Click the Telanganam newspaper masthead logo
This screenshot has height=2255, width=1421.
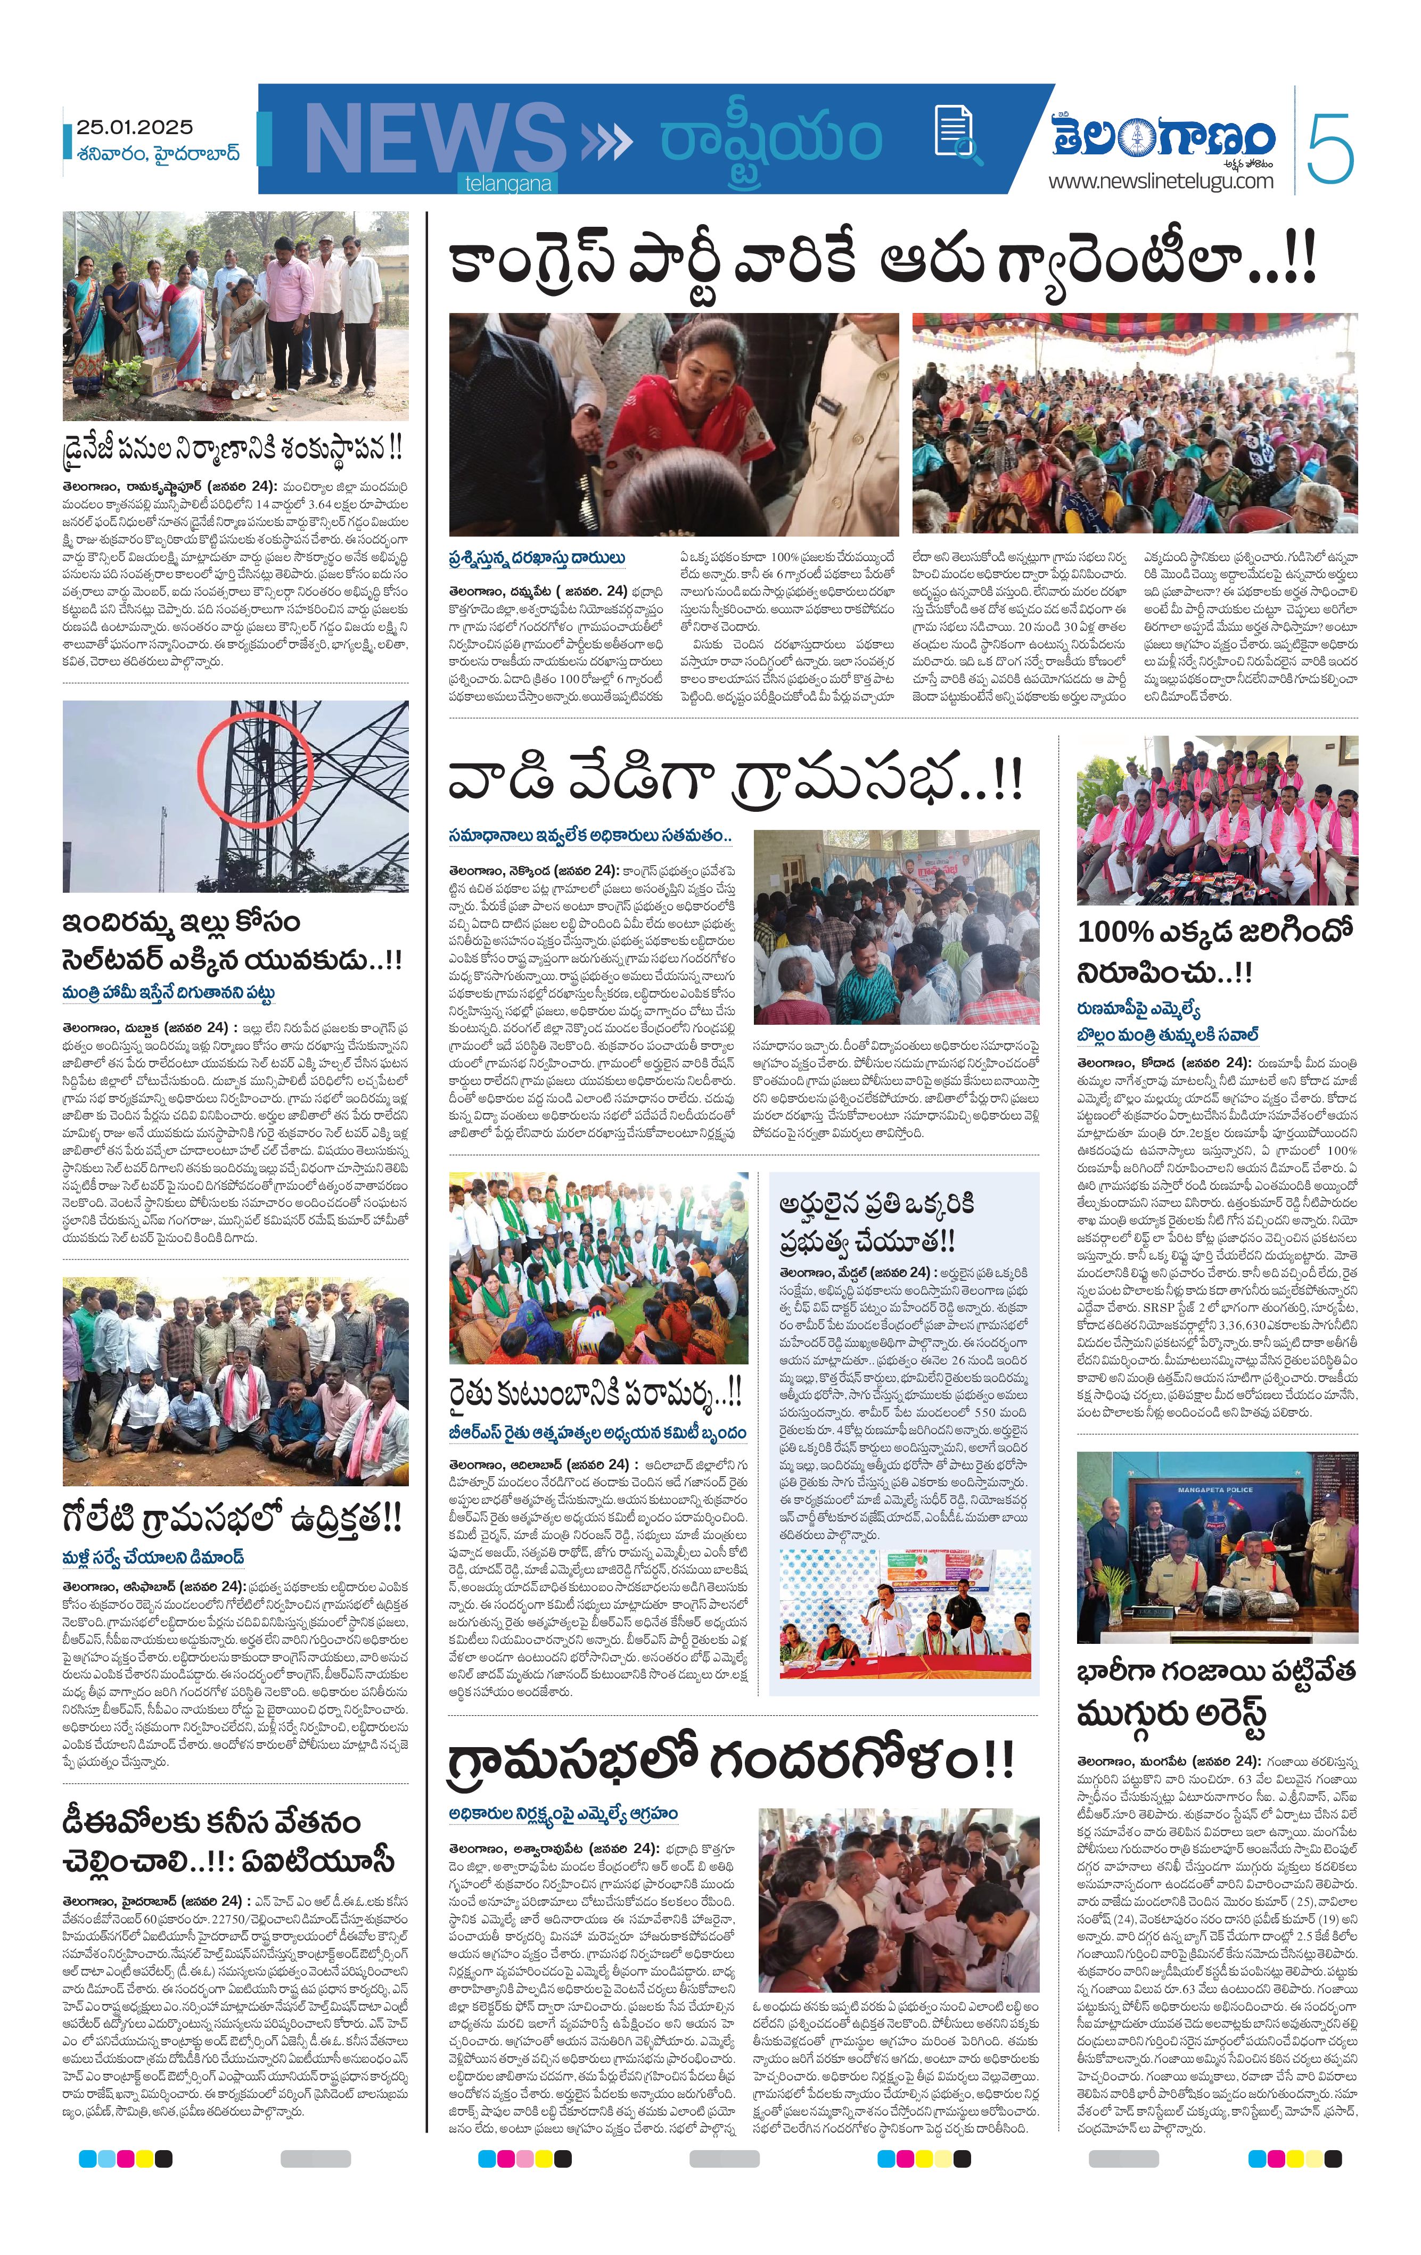pyautogui.click(x=1162, y=138)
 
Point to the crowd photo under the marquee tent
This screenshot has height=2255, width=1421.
pyautogui.click(x=1135, y=423)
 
